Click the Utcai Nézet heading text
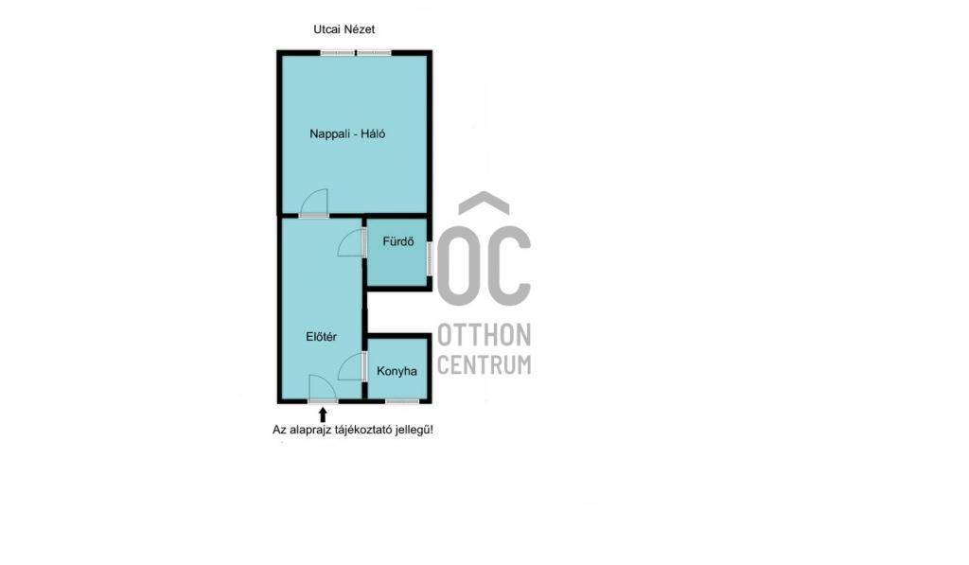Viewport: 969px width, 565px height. (344, 29)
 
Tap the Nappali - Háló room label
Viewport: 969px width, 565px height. (347, 133)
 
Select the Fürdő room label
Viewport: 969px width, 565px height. (398, 241)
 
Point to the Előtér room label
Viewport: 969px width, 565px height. (322, 336)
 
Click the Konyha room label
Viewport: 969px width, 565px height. (396, 371)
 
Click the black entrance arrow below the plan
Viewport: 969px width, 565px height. (322, 415)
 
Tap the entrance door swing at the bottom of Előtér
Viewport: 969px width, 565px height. (323, 388)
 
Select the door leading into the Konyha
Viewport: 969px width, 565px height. (352, 366)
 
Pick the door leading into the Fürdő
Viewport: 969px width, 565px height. (352, 242)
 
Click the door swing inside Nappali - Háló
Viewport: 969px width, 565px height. (314, 203)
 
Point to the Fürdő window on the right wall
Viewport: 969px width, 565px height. (430, 257)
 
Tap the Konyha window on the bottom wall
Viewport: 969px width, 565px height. (402, 401)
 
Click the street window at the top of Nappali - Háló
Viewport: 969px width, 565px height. (356, 53)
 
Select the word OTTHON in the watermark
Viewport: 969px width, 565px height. (484, 335)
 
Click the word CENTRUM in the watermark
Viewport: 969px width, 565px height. (484, 364)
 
